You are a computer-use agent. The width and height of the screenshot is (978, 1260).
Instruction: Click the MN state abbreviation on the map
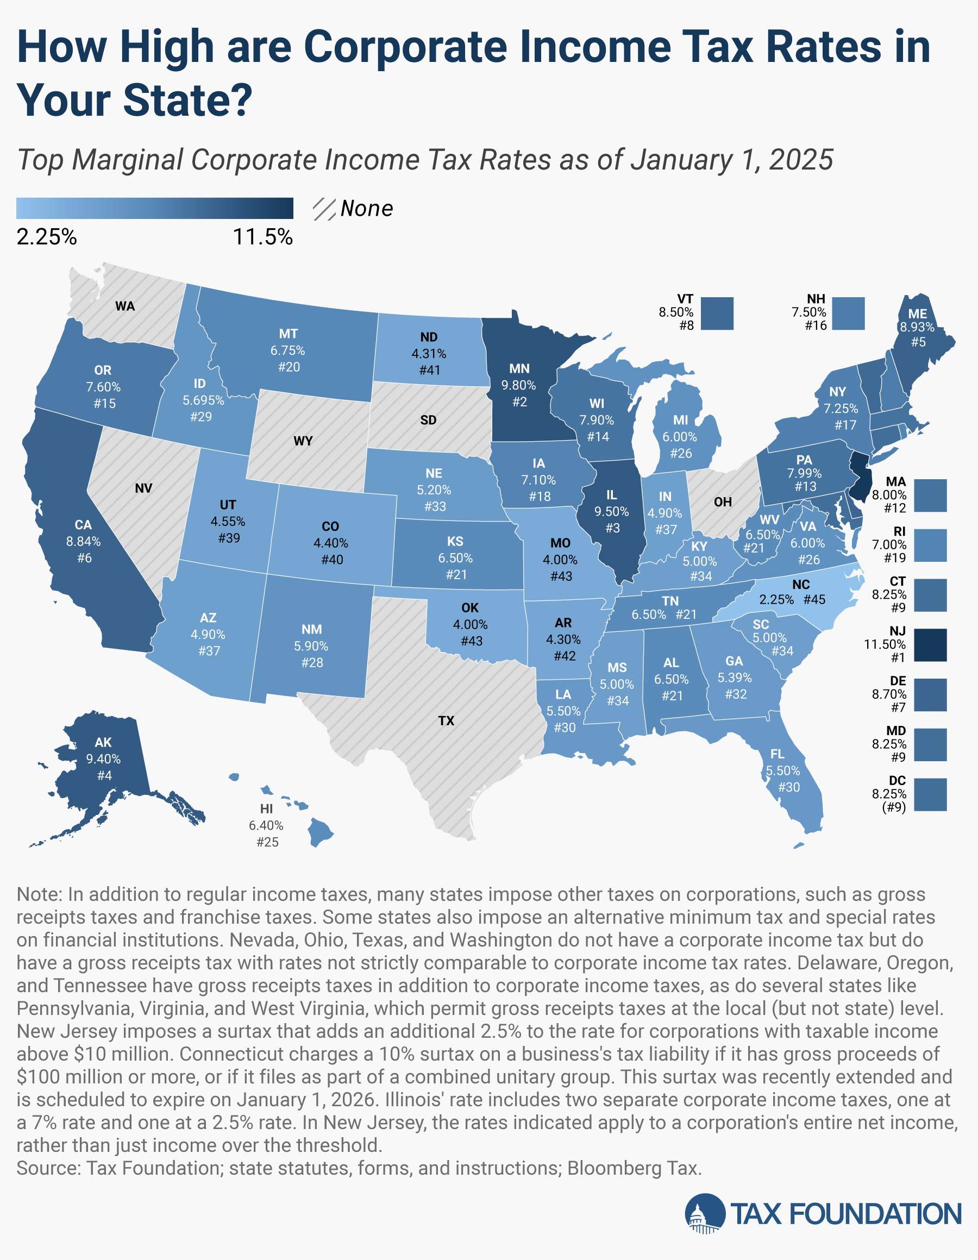519,368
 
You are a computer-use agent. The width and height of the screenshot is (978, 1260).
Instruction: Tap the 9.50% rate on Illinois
612,511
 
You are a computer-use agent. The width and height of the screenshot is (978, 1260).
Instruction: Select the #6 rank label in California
84,558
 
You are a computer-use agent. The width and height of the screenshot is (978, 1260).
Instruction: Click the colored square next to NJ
930,644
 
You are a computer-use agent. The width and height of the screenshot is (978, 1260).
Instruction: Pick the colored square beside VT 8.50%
718,314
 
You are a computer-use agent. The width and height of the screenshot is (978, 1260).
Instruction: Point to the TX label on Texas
446,720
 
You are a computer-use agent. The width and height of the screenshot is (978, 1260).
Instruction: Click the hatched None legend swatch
324,209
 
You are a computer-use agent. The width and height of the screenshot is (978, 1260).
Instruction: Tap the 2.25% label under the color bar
46,237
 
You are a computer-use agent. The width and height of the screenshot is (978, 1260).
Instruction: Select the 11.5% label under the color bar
262,237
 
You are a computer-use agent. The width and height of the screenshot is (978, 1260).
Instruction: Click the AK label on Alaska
103,743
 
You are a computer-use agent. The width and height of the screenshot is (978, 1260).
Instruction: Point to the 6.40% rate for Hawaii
266,825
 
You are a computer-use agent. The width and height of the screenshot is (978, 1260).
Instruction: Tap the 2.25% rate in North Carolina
776,599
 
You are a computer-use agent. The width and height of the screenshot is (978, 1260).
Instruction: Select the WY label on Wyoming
303,441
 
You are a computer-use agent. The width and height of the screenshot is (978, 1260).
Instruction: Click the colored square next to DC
930,794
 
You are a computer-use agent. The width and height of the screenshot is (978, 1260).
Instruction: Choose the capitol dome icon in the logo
705,1214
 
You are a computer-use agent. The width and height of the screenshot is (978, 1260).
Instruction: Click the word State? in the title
187,100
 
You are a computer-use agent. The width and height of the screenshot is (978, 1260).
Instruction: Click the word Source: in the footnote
48,1168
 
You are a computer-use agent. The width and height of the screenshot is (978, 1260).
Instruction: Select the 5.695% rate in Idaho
203,400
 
